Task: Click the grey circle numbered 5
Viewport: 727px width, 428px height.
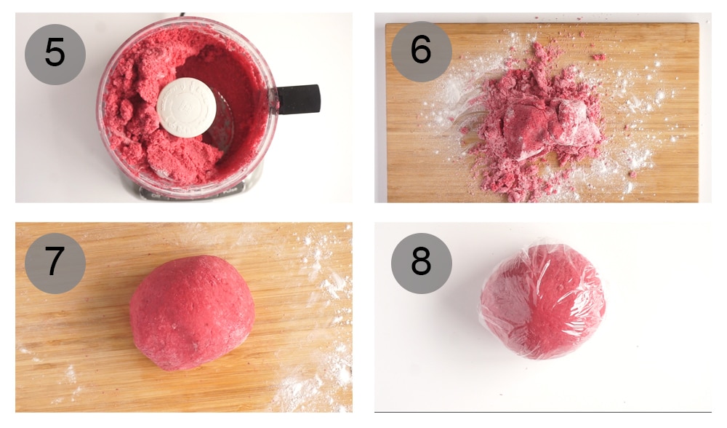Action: tap(55, 54)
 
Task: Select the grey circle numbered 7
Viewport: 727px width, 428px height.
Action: tap(55, 263)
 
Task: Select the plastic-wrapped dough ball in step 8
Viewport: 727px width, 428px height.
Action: tap(543, 301)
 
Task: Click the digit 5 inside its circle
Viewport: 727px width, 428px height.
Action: tap(55, 54)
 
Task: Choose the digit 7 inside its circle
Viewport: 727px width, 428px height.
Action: tap(55, 263)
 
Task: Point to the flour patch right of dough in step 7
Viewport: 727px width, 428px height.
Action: tap(320, 277)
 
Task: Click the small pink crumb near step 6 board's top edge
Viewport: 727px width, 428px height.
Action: tap(598, 56)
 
